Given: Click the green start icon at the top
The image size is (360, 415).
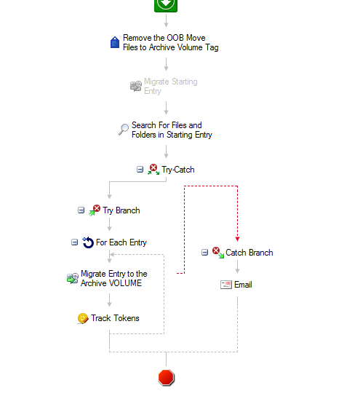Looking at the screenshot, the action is click(166, 5).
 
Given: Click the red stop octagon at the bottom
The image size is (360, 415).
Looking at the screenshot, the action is click(167, 377).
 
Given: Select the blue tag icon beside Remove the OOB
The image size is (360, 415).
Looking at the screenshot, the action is click(115, 42).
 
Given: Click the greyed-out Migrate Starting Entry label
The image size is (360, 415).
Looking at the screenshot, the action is click(170, 86).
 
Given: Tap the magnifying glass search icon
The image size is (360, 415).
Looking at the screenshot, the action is click(123, 129).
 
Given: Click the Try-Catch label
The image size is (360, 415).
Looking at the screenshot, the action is click(178, 170).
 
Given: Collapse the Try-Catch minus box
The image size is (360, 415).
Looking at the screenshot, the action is click(140, 169).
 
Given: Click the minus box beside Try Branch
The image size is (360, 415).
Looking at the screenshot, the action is click(81, 210).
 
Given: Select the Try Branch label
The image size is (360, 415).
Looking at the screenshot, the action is click(121, 210).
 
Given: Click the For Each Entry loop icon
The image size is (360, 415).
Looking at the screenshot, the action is click(88, 242).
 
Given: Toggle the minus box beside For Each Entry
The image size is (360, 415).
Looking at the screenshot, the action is click(74, 242).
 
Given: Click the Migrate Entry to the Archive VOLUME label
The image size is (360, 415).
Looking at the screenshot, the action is click(113, 278).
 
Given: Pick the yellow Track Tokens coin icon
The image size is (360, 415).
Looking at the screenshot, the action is click(83, 318).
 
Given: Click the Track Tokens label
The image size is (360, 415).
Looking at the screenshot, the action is click(115, 318).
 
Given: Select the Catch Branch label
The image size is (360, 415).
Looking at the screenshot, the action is click(249, 253).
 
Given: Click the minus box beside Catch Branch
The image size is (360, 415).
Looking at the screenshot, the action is click(204, 252).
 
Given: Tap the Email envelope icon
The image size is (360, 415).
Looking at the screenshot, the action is click(226, 285).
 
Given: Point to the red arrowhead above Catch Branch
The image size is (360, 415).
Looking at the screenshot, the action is click(237, 239).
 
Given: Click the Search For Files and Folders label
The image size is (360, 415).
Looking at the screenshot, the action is click(172, 130).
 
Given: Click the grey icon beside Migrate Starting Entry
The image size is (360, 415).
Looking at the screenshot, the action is click(136, 86).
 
